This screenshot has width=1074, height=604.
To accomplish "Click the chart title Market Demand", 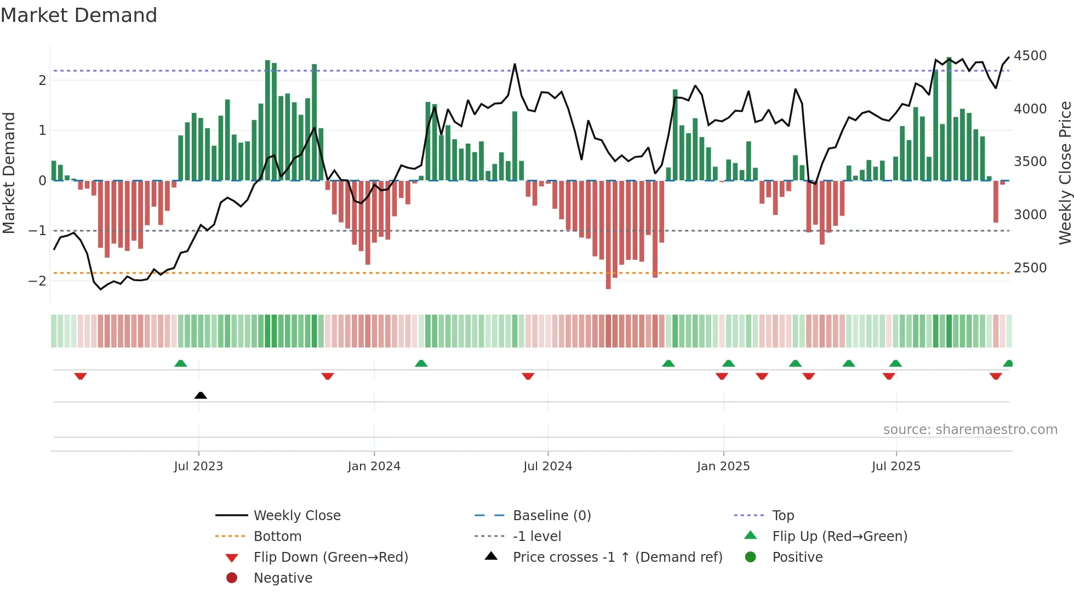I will (x=79, y=15).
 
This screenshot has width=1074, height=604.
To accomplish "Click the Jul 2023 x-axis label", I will (x=198, y=466).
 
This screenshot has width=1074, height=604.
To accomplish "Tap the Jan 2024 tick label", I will (x=374, y=466).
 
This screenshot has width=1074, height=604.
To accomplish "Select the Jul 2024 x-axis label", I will (x=547, y=466).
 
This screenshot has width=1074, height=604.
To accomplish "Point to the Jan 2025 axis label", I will (x=723, y=466).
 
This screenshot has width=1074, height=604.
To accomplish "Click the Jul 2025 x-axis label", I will (x=896, y=466).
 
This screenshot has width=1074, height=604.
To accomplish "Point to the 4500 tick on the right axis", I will (x=1030, y=56).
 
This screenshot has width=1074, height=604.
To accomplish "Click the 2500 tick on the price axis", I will (x=1030, y=268).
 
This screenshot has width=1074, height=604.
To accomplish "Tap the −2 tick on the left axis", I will (x=38, y=281).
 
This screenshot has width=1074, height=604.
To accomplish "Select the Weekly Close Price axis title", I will (x=1065, y=173).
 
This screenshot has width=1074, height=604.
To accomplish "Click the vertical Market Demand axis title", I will (x=9, y=173).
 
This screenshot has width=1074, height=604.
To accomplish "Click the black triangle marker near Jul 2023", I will (x=201, y=395).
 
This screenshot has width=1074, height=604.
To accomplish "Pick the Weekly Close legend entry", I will (x=297, y=516).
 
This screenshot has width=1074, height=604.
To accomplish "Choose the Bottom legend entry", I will (x=277, y=537).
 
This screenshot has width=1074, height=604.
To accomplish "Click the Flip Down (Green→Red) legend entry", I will (x=330, y=557).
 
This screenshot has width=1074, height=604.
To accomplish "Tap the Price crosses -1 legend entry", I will (x=618, y=557).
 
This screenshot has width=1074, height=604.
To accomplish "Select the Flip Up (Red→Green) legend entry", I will (x=839, y=537).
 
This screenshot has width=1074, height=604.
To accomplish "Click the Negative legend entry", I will (x=283, y=578).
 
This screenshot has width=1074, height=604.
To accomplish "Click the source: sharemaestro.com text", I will (x=970, y=430).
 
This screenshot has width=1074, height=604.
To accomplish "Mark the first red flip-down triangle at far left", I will (x=81, y=376).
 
